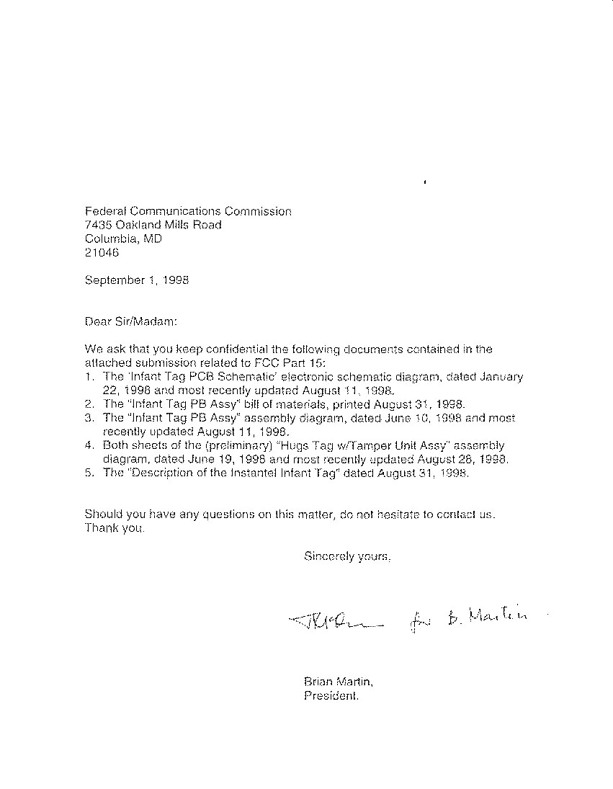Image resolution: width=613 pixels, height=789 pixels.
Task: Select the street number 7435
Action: coord(99,225)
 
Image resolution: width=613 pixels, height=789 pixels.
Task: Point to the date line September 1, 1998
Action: coord(137,280)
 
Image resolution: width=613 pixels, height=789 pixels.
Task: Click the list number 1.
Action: coord(87,377)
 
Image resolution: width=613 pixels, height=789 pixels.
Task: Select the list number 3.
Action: coord(88,418)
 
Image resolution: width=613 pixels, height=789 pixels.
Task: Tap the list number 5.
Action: coord(88,473)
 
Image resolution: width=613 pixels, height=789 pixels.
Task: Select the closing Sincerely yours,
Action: coord(347,556)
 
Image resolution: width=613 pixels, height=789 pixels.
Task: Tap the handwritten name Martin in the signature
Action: coord(498,615)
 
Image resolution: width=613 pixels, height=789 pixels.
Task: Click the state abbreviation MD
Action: coord(152,239)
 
